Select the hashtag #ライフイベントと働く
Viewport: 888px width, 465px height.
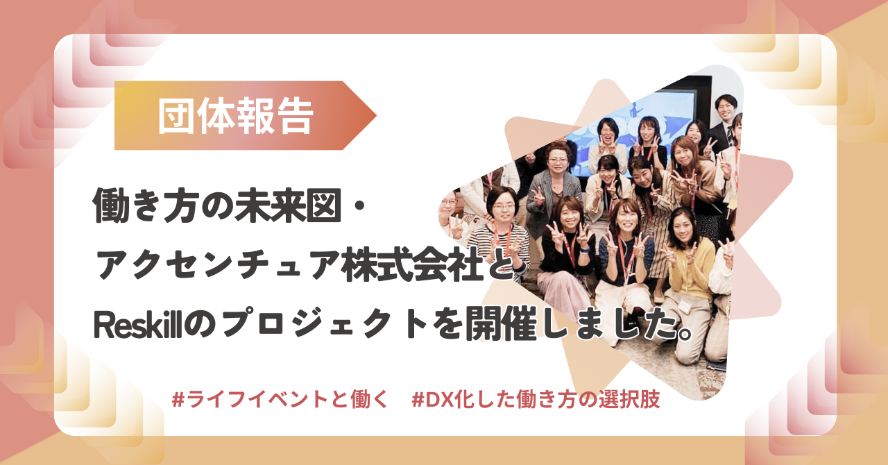280,399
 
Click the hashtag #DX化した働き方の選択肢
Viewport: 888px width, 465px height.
536,399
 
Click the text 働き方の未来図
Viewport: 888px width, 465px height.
217,205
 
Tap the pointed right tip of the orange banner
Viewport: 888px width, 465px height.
376,115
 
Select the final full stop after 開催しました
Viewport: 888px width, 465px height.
683,332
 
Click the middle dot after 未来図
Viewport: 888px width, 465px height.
360,206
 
